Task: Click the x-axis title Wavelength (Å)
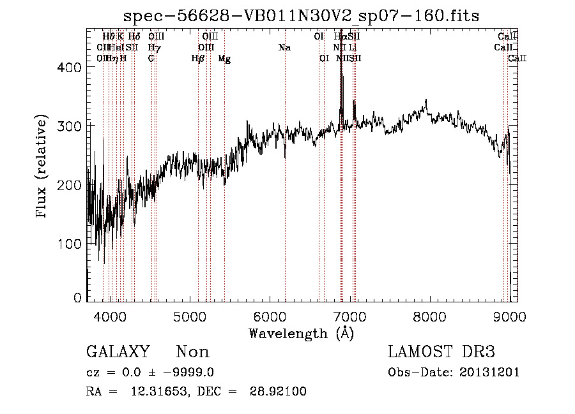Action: (302, 333)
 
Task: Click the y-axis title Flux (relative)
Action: (43, 167)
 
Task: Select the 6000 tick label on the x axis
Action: (269, 316)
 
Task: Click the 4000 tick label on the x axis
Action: (109, 316)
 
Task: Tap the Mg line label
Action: (224, 59)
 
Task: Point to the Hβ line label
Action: (198, 59)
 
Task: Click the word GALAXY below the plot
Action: (118, 352)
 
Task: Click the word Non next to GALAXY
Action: (193, 352)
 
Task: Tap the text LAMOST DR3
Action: (441, 352)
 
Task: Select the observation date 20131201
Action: (492, 373)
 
